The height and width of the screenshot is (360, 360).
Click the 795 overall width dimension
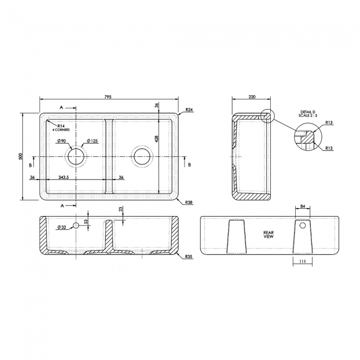pyautogui.click(x=108, y=96)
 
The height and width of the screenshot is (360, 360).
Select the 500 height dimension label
pyautogui.click(x=20, y=157)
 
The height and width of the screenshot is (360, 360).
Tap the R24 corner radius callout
pyautogui.click(x=189, y=110)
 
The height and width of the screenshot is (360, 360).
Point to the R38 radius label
pyautogui.click(x=189, y=203)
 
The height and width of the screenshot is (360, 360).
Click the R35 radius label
pyautogui.click(x=189, y=258)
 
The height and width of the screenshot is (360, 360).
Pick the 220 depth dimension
pyautogui.click(x=252, y=96)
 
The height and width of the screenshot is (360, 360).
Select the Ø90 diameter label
pyautogui.click(x=61, y=141)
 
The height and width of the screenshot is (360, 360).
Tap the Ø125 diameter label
pyautogui.click(x=92, y=141)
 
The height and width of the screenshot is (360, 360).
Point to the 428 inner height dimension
pyautogui.click(x=157, y=140)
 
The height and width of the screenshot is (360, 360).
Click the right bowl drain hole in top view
pyautogui.click(x=142, y=156)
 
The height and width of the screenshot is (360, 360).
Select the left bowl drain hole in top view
pyautogui.click(x=76, y=156)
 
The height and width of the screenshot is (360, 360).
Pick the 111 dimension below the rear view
pyautogui.click(x=302, y=261)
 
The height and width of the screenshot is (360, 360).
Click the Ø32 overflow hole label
pyautogui.click(x=61, y=227)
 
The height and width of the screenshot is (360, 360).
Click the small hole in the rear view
pyautogui.click(x=303, y=226)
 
